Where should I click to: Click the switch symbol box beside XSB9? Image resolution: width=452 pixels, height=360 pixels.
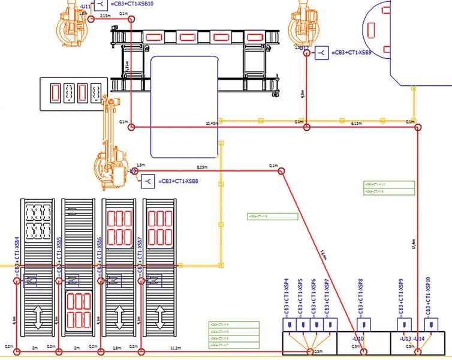point(322,53)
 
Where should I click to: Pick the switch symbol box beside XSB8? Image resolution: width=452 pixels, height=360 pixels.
point(147,180)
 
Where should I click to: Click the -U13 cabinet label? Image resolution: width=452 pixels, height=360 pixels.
point(405,338)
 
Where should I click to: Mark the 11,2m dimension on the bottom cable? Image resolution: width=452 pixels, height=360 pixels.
point(176,347)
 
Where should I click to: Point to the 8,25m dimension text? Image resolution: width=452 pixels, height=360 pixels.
point(203,167)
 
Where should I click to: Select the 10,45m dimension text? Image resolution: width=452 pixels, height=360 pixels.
point(210,123)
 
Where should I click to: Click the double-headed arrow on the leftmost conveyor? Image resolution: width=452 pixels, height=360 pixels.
point(37,317)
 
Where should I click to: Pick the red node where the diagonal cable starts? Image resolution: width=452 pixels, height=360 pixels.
point(280,172)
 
